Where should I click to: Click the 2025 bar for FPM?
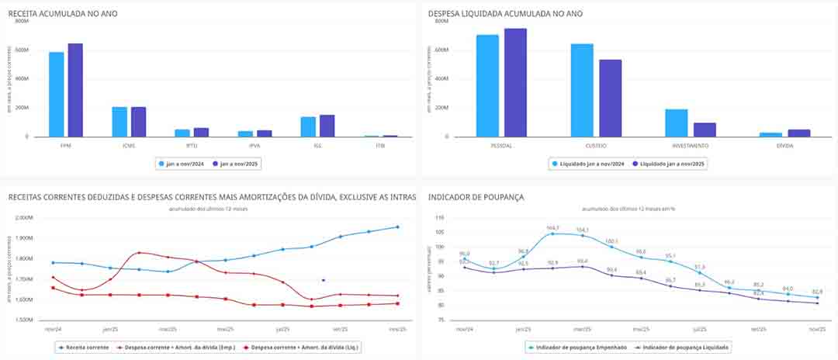coord(74,90)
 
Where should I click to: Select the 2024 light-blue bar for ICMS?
coord(119,122)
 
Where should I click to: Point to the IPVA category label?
coord(244,144)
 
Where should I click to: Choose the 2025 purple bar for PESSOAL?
coord(515,82)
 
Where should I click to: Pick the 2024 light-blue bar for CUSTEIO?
coord(582,90)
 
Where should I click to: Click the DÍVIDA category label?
coord(784,144)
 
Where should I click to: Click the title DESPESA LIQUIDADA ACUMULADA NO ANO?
coord(505,14)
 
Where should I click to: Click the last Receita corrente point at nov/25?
coord(397,227)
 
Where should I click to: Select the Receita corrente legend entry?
coord(85,348)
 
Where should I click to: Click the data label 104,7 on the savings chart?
coord(552,227)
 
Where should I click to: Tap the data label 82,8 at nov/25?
coord(816,291)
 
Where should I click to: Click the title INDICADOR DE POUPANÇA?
coord(476,197)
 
